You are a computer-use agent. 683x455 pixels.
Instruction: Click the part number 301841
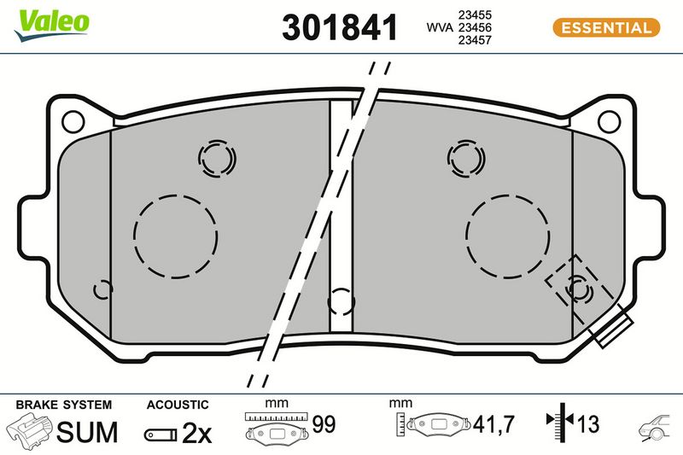(x=340, y=27)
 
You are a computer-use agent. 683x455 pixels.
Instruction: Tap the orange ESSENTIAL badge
(x=606, y=28)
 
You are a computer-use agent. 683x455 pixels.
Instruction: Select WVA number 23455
(x=475, y=15)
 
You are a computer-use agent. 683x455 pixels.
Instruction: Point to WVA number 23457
(x=475, y=40)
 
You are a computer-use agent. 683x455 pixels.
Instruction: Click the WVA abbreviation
(x=440, y=27)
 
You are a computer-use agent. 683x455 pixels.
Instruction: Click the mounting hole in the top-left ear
(x=73, y=122)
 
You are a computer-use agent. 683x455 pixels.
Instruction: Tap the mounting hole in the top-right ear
(x=610, y=122)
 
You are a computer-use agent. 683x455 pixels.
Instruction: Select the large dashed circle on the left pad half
(x=134, y=236)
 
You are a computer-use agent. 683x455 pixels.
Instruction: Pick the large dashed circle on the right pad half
(x=466, y=236)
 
